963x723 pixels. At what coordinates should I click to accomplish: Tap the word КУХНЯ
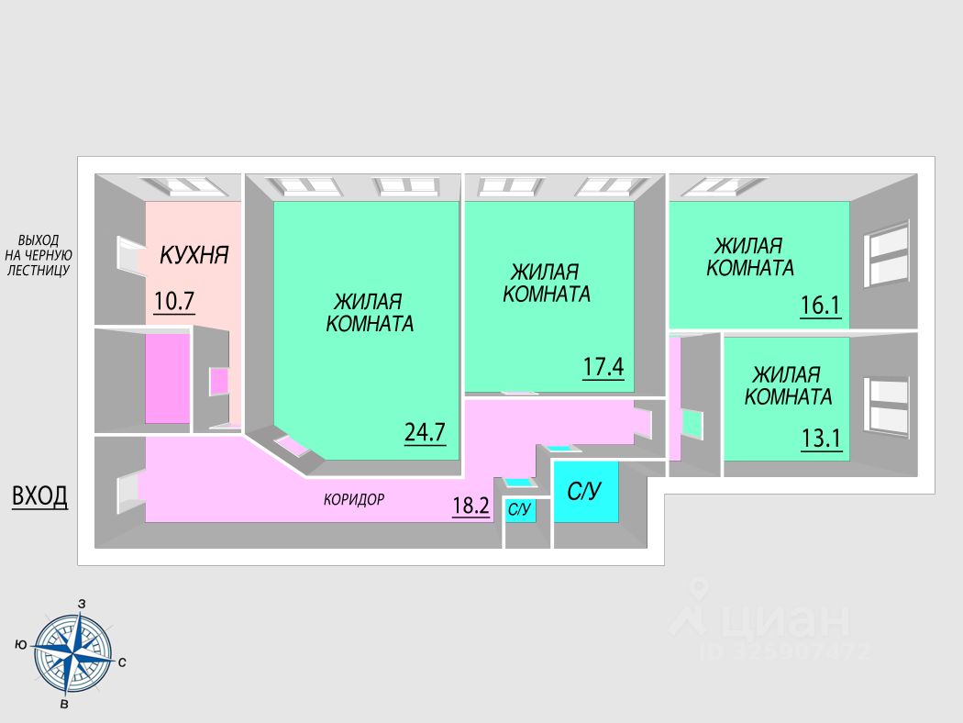pos(194,255)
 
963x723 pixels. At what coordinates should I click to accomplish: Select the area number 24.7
pos(425,432)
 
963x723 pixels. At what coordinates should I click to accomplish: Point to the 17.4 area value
pos(603,368)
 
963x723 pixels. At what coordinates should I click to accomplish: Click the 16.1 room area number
pos(820,305)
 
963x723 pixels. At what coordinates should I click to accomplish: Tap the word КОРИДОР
pos(353,500)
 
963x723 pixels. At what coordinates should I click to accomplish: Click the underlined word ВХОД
pos(39,496)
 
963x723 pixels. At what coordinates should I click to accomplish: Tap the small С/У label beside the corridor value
pos(520,509)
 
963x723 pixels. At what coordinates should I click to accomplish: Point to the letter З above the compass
pos(83,603)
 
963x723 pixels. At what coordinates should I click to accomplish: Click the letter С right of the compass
pos(122,661)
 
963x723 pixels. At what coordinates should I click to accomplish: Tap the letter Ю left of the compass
pos(20,644)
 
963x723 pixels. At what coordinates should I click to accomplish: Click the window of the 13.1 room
pos(888,405)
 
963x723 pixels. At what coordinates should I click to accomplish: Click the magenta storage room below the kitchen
pos(167,379)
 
